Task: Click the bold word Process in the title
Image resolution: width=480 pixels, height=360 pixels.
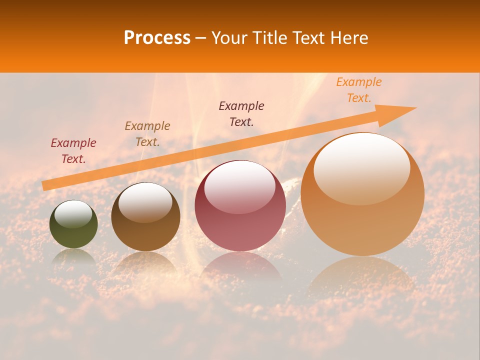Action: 157,38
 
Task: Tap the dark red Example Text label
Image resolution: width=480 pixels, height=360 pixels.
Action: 73,151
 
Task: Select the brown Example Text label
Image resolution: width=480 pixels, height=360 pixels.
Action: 147,134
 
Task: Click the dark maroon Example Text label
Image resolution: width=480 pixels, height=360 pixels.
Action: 241,114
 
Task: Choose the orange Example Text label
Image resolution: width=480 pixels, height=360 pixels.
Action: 358,90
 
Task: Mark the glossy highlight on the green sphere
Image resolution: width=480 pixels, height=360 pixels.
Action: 73,214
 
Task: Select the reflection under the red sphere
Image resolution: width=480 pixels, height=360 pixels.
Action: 240,267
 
